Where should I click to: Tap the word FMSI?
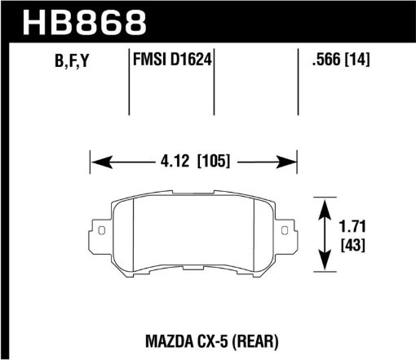click(x=148, y=60)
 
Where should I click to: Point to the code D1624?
click(x=191, y=60)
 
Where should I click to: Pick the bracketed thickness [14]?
click(x=356, y=60)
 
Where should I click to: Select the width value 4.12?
click(x=175, y=162)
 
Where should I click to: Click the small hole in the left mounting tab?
click(x=102, y=232)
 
